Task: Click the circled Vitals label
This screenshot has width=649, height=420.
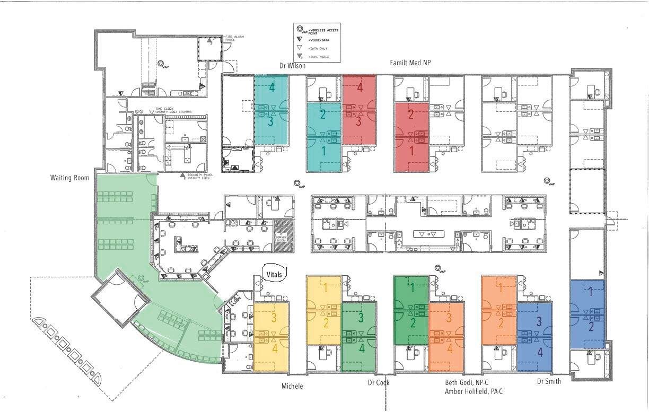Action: tap(274, 274)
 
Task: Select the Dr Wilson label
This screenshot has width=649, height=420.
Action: tap(292, 66)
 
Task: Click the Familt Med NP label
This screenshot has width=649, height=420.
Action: tap(410, 63)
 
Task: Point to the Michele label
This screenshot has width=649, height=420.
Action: tap(292, 386)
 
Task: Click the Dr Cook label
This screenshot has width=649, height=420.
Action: tap(379, 382)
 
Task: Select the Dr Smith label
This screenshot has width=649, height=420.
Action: tap(548, 381)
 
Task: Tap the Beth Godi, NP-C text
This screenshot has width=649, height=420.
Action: tap(466, 382)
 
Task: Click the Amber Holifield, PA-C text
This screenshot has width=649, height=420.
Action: tap(473, 392)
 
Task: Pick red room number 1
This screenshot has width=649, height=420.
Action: tap(410, 151)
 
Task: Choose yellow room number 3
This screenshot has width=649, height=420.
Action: tap(274, 319)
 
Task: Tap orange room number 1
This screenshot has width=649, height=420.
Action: tap(501, 288)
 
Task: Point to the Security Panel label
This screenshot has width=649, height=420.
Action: tap(198, 176)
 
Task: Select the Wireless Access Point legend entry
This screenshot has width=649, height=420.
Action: tap(323, 31)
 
